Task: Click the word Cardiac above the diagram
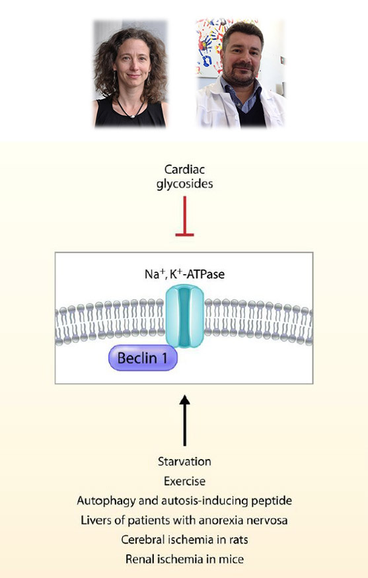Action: coord(184,170)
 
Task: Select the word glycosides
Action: coord(184,184)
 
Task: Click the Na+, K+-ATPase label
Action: coord(184,274)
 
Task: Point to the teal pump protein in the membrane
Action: coord(184,316)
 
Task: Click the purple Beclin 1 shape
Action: coord(143,357)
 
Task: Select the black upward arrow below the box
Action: coord(184,420)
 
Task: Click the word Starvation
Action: coord(184,462)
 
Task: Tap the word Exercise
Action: coord(184,481)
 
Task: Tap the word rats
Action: coord(239,540)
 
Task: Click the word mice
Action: coord(233,560)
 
